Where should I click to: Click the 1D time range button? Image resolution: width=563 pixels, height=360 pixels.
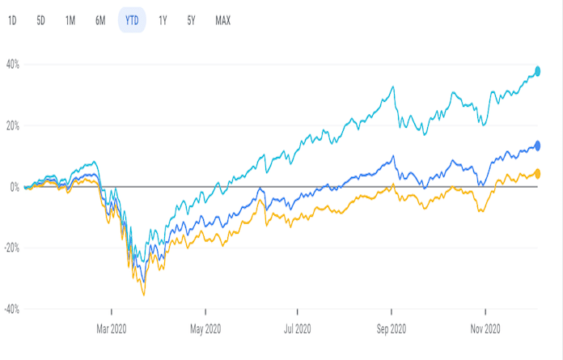point(12,20)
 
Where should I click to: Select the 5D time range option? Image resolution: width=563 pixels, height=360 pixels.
point(40,20)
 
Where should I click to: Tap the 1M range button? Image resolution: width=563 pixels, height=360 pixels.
point(70,20)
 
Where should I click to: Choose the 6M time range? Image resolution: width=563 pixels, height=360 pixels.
point(100,20)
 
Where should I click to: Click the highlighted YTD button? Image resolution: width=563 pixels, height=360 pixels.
point(132,20)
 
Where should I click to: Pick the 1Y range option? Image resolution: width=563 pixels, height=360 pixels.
point(163,20)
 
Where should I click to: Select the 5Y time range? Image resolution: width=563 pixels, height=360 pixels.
point(191,20)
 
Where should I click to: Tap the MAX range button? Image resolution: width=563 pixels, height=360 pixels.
point(222,20)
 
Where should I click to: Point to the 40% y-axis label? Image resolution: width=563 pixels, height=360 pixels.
point(13,65)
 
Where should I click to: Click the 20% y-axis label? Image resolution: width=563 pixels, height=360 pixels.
point(13,126)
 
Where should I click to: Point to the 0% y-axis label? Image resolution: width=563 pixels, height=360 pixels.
point(15,187)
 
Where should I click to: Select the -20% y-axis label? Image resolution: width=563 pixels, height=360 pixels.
point(11,248)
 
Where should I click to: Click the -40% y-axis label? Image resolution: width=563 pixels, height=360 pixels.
point(11,309)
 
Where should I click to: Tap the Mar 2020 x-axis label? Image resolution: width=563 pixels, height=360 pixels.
point(112,328)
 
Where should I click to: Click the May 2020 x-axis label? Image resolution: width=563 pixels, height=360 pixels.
point(205,328)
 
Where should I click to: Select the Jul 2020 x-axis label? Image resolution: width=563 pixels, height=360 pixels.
point(298,328)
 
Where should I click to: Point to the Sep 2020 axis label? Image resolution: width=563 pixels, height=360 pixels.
point(392,328)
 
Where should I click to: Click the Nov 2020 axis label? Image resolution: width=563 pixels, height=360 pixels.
point(485,328)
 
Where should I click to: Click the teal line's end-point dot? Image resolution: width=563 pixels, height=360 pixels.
point(537,71)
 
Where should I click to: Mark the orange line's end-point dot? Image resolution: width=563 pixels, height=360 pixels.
point(537,174)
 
